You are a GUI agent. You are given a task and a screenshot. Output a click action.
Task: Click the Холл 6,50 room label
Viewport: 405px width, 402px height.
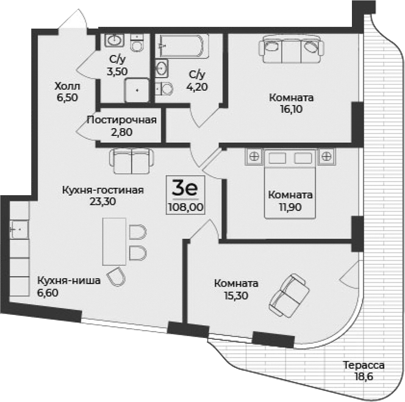(66, 92)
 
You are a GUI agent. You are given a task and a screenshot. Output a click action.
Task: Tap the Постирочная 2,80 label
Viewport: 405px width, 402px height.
(122, 125)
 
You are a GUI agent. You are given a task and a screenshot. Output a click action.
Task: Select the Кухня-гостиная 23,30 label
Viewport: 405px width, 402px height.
(102, 195)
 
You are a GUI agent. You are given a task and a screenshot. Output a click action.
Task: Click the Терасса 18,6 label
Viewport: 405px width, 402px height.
(363, 370)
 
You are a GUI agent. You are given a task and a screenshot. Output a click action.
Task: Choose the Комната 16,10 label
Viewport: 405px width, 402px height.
(292, 103)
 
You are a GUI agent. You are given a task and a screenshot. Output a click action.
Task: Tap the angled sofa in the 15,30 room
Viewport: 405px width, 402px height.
(290, 295)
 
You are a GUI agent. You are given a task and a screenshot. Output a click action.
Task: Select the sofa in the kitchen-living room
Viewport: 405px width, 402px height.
(129, 161)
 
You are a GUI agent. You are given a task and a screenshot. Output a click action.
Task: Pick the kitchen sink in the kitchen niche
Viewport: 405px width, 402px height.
(19, 230)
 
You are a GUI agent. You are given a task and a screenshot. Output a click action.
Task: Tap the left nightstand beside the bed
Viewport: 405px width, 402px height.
(252, 157)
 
